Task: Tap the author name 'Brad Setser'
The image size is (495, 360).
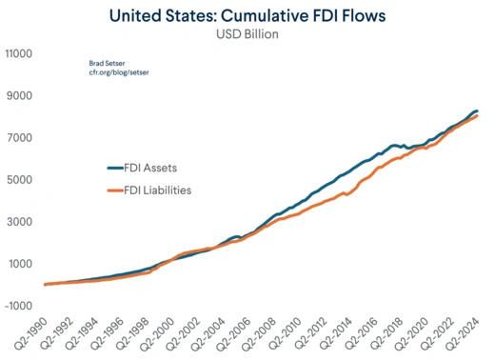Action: point(108,62)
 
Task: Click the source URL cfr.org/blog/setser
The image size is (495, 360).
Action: point(119,72)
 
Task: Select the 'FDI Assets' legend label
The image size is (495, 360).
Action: point(157,168)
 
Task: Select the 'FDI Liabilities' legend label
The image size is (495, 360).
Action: point(165,190)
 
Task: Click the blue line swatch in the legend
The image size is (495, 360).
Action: point(114,168)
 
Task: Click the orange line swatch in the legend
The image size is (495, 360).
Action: point(114,190)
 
